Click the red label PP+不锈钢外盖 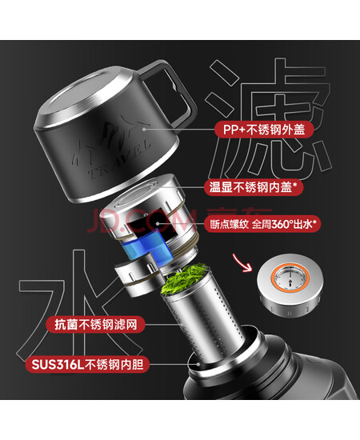coord(264,130)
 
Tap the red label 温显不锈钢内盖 coord(254,187)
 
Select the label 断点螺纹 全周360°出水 coord(262,224)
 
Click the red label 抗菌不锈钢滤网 coord(96,325)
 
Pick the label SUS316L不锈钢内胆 coord(87,364)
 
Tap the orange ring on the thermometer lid coord(290,278)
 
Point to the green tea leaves coord(185,279)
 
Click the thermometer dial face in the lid coord(290,278)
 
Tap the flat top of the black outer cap coord(82,95)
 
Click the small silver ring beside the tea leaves coord(138,277)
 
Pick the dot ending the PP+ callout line coord(144,130)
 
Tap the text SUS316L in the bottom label coord(58,365)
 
